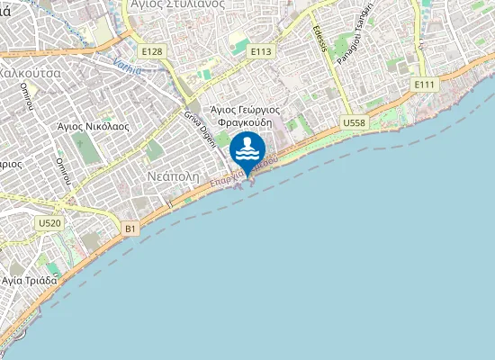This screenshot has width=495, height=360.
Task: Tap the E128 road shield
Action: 153,51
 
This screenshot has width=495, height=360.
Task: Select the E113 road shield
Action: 261,51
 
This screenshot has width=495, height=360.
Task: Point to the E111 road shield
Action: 425,84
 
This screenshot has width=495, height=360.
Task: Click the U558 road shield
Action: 354,121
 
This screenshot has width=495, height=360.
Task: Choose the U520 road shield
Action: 49,222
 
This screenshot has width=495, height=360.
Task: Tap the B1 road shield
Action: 131,229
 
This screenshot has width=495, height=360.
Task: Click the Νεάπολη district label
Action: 172,177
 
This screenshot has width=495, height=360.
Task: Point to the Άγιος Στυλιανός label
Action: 177,4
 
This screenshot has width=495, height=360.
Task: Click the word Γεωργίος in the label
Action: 257,110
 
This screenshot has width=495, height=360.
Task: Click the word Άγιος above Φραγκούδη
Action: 223,110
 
